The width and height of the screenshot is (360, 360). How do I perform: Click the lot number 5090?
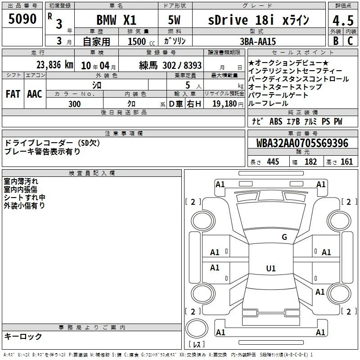pyautogui.click(x=22, y=19)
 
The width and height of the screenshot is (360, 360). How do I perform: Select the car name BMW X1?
pyautogui.click(x=117, y=20)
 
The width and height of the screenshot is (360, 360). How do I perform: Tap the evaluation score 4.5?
pyautogui.click(x=343, y=20)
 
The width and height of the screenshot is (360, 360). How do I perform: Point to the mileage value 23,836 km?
pyautogui.click(x=55, y=65)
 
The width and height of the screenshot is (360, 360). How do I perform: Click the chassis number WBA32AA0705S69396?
pyautogui.click(x=302, y=143)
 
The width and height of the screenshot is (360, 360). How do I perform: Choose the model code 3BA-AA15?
pyautogui.click(x=258, y=41)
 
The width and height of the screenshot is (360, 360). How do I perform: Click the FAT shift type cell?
pyautogui.click(x=13, y=94)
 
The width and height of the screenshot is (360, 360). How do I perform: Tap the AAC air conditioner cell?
pyautogui.click(x=35, y=94)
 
